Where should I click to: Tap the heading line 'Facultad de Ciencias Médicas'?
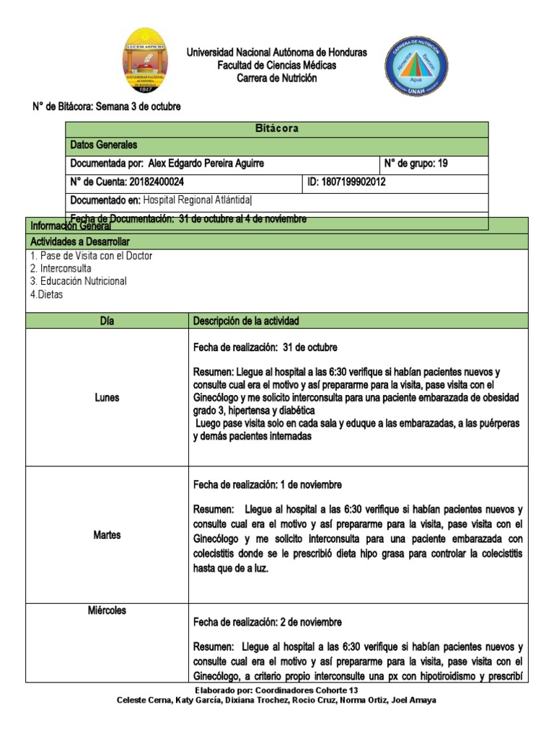(x=277, y=66)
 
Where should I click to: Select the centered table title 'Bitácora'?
(x=277, y=129)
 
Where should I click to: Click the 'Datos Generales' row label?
(x=103, y=146)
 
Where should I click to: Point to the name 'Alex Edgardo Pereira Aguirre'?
(x=206, y=164)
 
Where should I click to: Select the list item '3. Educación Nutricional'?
(x=79, y=281)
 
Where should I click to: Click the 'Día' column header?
(x=107, y=321)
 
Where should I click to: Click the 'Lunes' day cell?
(x=107, y=398)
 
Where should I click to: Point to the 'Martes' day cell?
(x=107, y=535)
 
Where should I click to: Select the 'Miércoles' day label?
(x=107, y=610)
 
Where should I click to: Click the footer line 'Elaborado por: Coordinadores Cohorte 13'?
(x=277, y=690)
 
